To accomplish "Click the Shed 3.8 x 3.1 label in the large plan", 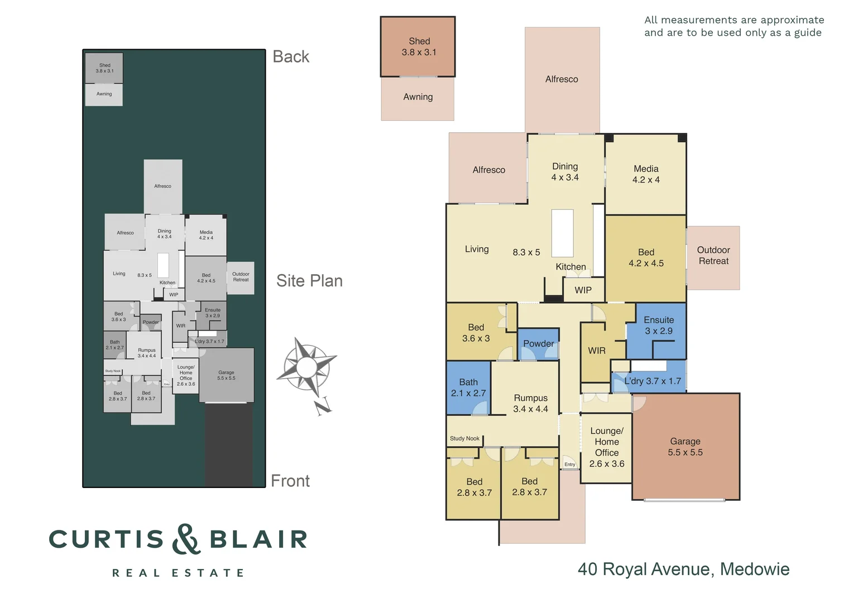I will pyautogui.click(x=419, y=47).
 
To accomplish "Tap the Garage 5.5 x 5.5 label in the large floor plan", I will pyautogui.click(x=685, y=447).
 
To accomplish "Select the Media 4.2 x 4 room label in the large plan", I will pyautogui.click(x=646, y=174).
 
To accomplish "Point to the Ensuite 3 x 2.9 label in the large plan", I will pyautogui.click(x=659, y=326).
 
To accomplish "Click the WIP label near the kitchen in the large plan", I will pyautogui.click(x=583, y=290).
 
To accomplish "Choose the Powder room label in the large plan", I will pyautogui.click(x=538, y=344).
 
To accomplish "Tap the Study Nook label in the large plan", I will pyautogui.click(x=464, y=439).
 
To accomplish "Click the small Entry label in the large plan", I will pyautogui.click(x=569, y=465).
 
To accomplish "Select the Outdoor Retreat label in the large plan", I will pyautogui.click(x=713, y=256).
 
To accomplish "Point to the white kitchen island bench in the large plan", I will pyautogui.click(x=562, y=233).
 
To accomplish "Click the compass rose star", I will pyautogui.click(x=306, y=367).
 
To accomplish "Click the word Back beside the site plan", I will pyautogui.click(x=291, y=57).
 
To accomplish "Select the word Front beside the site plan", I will pyautogui.click(x=290, y=481).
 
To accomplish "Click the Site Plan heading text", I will pyautogui.click(x=309, y=281).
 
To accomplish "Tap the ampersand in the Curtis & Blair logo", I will pyautogui.click(x=186, y=539).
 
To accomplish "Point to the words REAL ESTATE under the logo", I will pyautogui.click(x=178, y=573).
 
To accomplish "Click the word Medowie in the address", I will pyautogui.click(x=754, y=569).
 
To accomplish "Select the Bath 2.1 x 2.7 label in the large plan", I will pyautogui.click(x=468, y=387).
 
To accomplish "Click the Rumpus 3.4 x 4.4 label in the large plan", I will pyautogui.click(x=530, y=403).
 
